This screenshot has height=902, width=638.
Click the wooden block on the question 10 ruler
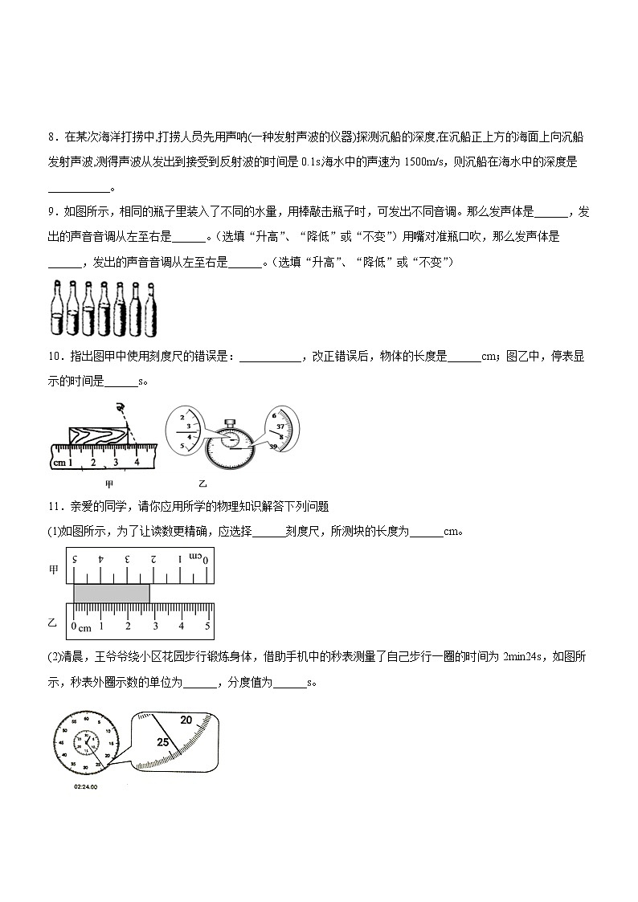pyautogui.click(x=96, y=435)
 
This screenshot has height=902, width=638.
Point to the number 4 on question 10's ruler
pyautogui.click(x=137, y=462)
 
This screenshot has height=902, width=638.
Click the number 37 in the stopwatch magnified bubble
pyautogui.click(x=280, y=427)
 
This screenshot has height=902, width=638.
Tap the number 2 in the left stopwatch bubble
pyautogui.click(x=182, y=418)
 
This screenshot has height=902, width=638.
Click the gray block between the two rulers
pyautogui.click(x=111, y=593)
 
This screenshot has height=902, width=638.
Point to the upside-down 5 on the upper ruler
pyautogui.click(x=75, y=558)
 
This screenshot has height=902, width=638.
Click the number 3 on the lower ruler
pyautogui.click(x=154, y=627)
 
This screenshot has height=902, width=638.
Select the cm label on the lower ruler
pyautogui.click(x=85, y=627)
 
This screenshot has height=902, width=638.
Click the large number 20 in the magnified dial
pyautogui.click(x=186, y=720)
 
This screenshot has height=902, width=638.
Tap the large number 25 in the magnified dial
pyautogui.click(x=164, y=742)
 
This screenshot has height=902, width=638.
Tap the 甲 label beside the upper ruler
pyautogui.click(x=54, y=569)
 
